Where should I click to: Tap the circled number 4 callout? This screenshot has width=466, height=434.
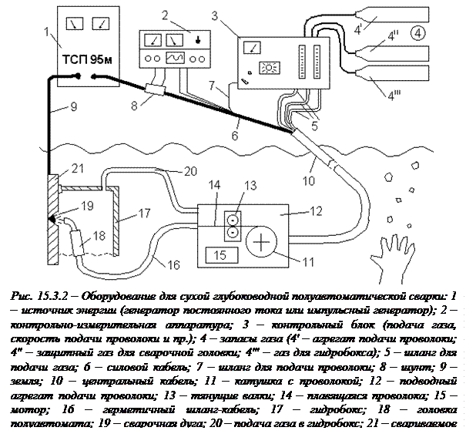pos(417,32)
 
